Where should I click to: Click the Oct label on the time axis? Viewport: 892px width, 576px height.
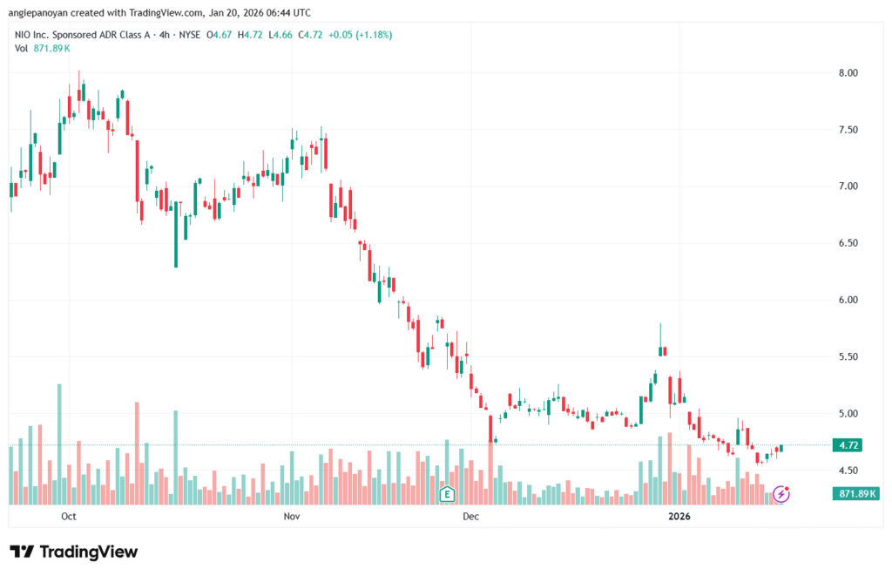click(x=69, y=517)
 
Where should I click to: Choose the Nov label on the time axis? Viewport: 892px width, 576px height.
click(x=292, y=517)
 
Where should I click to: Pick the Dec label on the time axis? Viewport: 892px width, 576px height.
click(x=471, y=517)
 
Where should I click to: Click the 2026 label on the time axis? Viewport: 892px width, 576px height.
click(x=679, y=517)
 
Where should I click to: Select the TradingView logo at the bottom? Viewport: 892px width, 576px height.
click(x=74, y=552)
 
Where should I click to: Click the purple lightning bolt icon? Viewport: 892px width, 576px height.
click(x=781, y=494)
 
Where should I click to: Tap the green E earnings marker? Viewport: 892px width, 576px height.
click(x=447, y=494)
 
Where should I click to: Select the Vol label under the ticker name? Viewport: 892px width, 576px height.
click(x=22, y=48)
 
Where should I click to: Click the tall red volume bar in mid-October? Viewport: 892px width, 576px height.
click(x=137, y=452)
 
